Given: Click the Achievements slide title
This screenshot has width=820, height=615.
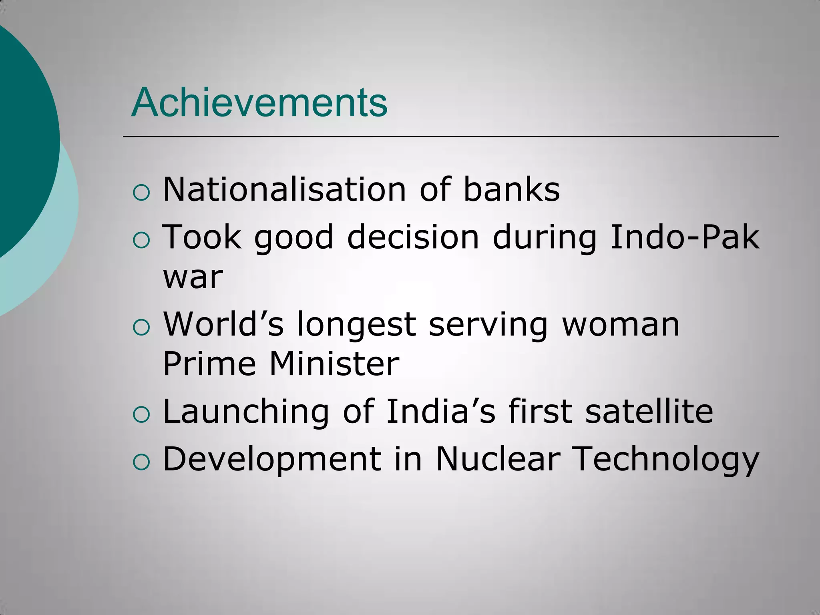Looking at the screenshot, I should (259, 103).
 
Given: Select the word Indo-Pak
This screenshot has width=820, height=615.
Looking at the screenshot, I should (685, 237).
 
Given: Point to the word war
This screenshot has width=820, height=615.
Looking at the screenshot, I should (193, 277).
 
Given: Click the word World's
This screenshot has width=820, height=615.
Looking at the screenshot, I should (223, 324).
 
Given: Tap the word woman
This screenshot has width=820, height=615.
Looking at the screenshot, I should (621, 324).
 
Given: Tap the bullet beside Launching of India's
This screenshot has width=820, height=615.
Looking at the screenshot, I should (141, 416).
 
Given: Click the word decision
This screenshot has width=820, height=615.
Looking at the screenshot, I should (413, 237).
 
